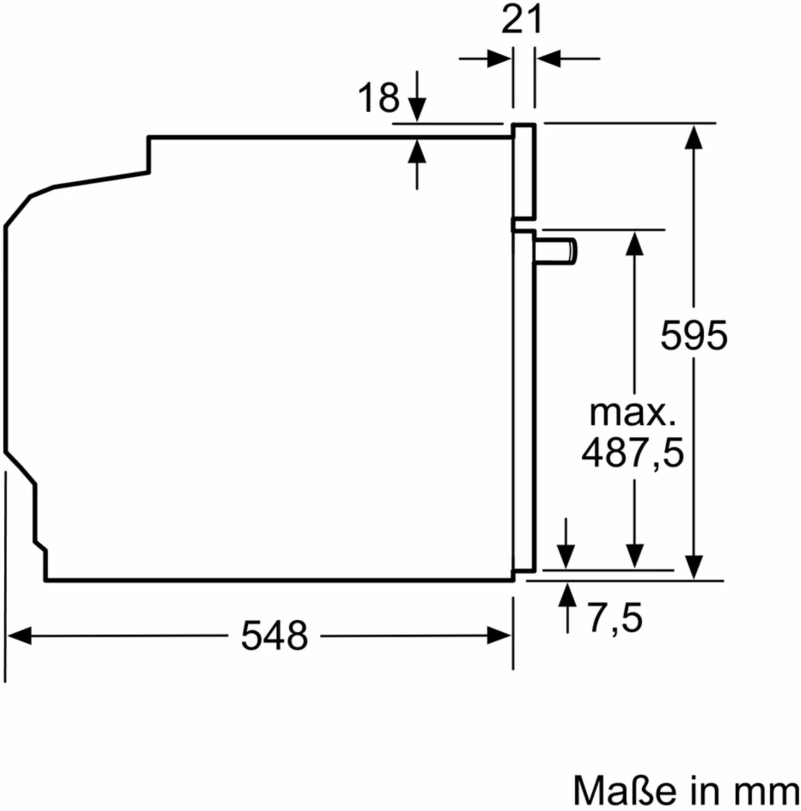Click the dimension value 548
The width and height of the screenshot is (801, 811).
pyautogui.click(x=274, y=636)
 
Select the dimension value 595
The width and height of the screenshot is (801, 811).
pyautogui.click(x=694, y=335)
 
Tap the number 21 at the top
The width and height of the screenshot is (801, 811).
pyautogui.click(x=522, y=19)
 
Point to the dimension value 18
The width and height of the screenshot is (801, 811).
pyautogui.click(x=379, y=97)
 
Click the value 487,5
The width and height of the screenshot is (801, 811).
pyautogui.click(x=633, y=453)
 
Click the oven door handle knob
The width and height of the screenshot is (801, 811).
pyautogui.click(x=556, y=252)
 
